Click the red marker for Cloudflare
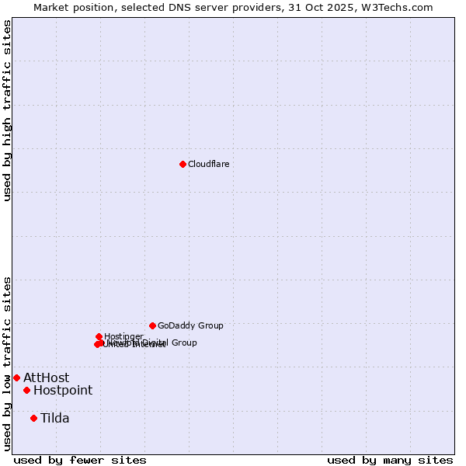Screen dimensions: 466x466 click(183, 164)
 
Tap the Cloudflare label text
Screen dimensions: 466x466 click(208, 164)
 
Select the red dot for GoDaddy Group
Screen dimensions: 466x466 click(152, 325)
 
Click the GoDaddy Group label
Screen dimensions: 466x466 click(190, 325)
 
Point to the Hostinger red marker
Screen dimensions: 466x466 click(99, 336)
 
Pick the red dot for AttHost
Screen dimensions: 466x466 click(16, 377)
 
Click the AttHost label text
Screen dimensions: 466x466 click(46, 378)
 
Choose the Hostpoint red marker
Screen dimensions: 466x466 click(26, 390)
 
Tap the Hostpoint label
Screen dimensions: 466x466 click(63, 391)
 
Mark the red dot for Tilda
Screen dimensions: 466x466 click(33, 418)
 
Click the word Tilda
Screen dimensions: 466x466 click(55, 419)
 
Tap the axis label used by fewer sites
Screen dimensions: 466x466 click(80, 460)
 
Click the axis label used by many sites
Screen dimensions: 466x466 click(390, 460)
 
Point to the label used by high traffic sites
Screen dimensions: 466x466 click(7, 111)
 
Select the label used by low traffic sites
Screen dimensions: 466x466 click(7, 363)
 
